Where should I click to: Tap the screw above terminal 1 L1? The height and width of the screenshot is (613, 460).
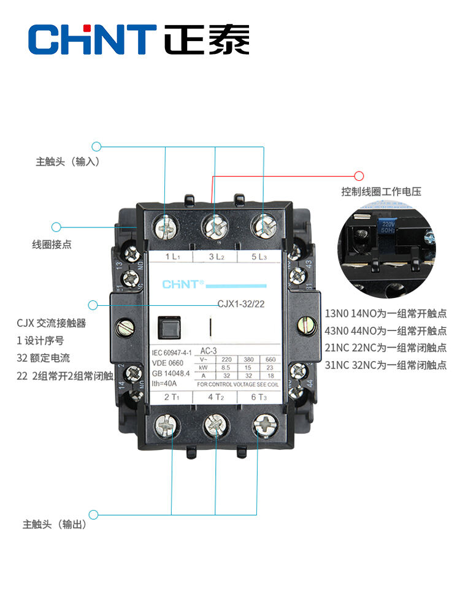[166, 227]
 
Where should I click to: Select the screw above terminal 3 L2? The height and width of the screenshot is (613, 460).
[215, 227]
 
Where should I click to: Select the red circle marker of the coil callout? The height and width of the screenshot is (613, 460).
[359, 176]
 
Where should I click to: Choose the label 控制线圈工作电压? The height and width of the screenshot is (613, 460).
[381, 192]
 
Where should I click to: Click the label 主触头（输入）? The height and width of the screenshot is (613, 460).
[67, 162]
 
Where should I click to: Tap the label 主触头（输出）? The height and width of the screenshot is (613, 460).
[54, 525]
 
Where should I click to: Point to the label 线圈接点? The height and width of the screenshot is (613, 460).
[52, 244]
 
